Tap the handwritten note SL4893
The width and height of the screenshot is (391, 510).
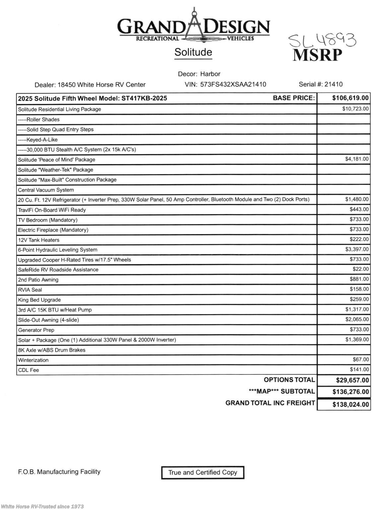point(322,41)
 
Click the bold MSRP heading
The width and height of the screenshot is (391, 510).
point(317,55)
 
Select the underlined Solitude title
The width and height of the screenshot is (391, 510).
point(193,52)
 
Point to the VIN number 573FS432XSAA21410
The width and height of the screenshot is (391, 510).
point(233,84)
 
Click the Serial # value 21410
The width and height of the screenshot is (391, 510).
point(333,84)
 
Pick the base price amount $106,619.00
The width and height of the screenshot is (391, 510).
point(350,98)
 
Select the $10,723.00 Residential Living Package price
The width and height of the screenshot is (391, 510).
point(355,109)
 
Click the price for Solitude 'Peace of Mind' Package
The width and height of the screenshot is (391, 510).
point(357,159)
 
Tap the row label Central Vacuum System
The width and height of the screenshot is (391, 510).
point(46,190)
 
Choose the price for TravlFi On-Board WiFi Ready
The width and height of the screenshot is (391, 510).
point(359,209)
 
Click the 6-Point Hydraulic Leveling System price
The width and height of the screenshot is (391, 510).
point(357,249)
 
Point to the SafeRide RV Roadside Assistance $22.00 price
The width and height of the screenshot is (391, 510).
point(360,269)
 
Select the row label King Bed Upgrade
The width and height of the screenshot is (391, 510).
point(39,300)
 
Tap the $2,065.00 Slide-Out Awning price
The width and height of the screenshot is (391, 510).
point(357,319)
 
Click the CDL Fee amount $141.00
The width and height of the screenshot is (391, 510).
point(359,370)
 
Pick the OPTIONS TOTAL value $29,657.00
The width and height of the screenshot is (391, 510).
point(352,381)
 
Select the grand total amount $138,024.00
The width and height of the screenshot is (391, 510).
point(351,405)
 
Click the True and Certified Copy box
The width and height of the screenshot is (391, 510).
point(203,472)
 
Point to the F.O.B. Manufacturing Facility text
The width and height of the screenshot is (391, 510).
point(59,472)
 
